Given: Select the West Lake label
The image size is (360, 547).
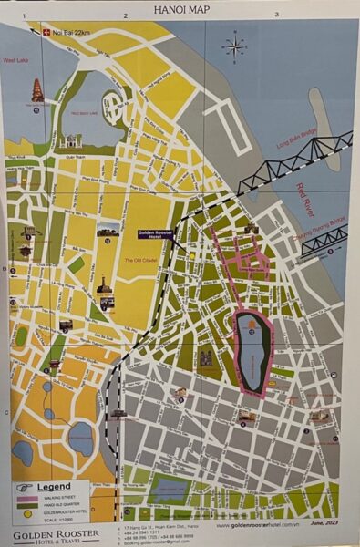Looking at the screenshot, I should [x=15, y=60].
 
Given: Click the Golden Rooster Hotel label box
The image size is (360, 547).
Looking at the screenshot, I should [x=156, y=234].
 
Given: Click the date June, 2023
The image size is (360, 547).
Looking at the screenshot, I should [x=325, y=526].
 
